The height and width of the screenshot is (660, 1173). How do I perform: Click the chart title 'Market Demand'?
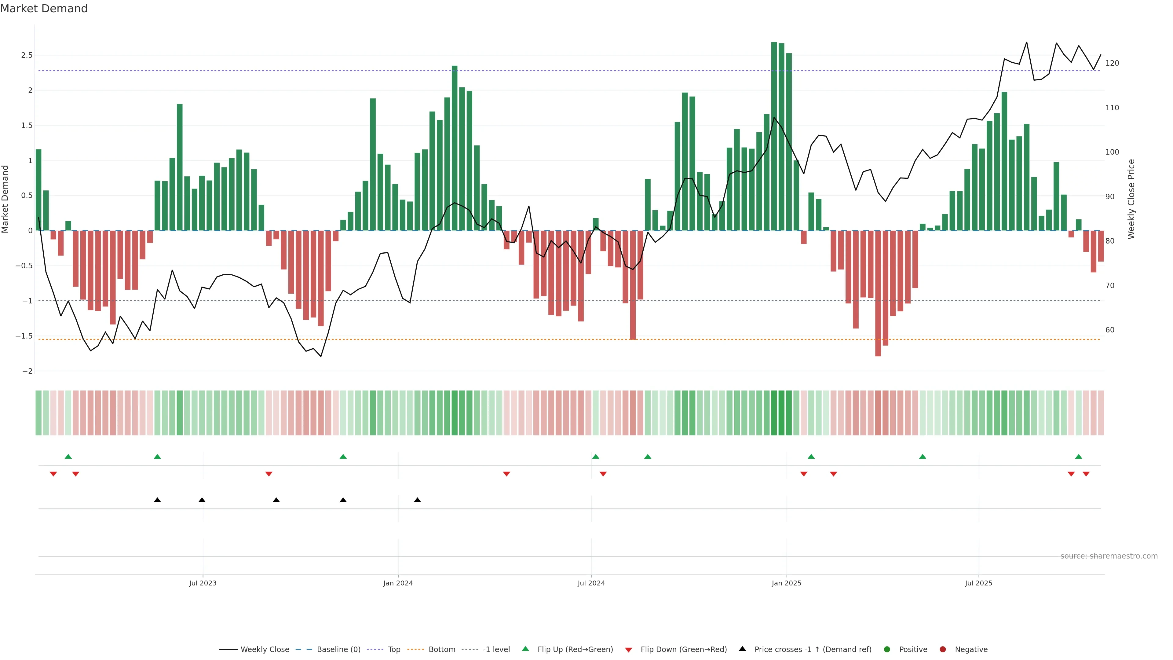pos(44,9)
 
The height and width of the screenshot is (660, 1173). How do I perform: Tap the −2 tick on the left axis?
pos(27,371)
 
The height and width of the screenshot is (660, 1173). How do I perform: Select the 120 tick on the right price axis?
pos(1112,63)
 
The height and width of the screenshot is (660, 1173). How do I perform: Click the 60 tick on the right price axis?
pos(1110,330)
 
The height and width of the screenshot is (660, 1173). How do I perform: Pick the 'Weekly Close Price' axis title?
pos(1131,199)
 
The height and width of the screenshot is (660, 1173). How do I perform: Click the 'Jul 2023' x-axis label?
pos(203,583)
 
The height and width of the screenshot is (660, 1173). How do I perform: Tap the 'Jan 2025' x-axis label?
pos(786,583)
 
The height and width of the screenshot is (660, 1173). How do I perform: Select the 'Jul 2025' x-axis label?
pos(978,583)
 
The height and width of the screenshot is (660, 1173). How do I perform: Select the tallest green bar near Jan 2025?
pos(774,137)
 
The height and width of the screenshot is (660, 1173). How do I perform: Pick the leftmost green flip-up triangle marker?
pos(68,457)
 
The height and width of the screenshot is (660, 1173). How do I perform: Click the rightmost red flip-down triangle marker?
pos(1086,474)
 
